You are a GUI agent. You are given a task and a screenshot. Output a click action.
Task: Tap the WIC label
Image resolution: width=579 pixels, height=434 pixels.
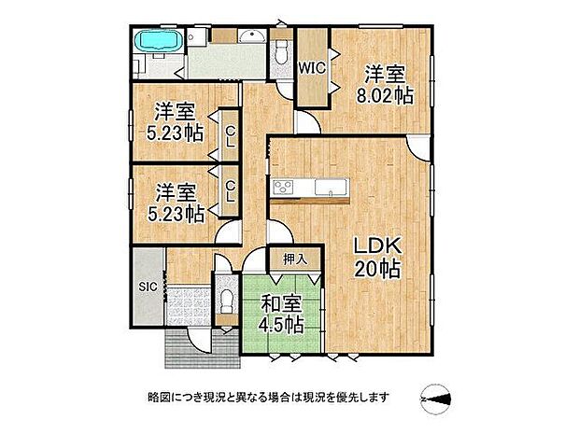pyautogui.click(x=311, y=67)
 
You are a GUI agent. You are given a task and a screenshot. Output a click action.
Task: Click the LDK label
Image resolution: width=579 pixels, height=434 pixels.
pyautogui.click(x=376, y=247)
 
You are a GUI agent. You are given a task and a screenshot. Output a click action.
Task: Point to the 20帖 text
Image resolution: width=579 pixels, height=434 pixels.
pyautogui.click(x=376, y=270)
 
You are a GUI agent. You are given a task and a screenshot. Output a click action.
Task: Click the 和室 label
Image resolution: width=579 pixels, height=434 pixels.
pyautogui.click(x=279, y=303)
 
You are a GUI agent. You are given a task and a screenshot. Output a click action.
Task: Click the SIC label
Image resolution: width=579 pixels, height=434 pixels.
pyautogui.click(x=147, y=287)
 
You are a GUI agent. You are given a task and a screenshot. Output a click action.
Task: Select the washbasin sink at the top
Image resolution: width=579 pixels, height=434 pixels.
pyautogui.click(x=250, y=38)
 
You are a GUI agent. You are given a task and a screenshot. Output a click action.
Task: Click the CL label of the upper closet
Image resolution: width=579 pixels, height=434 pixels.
pyautogui.click(x=228, y=137)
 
